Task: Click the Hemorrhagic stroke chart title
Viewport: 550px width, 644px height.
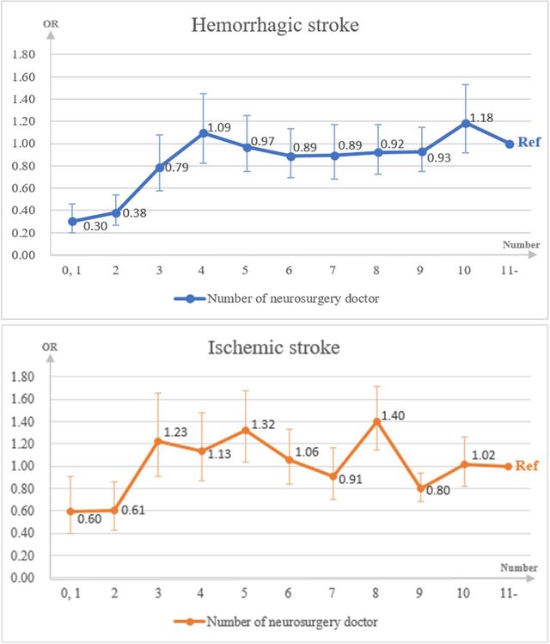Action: coord(275,26)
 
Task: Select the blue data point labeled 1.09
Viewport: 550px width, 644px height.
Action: coord(204,133)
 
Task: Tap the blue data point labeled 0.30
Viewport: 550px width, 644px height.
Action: coord(72,221)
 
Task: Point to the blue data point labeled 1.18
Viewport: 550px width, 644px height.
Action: coord(466,123)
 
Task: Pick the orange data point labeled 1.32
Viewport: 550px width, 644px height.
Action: coord(247,430)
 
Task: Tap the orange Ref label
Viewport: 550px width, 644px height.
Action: coord(527,466)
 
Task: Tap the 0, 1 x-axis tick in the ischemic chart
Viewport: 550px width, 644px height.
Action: coord(71,593)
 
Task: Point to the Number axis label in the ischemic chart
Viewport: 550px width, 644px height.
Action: coord(519,567)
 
